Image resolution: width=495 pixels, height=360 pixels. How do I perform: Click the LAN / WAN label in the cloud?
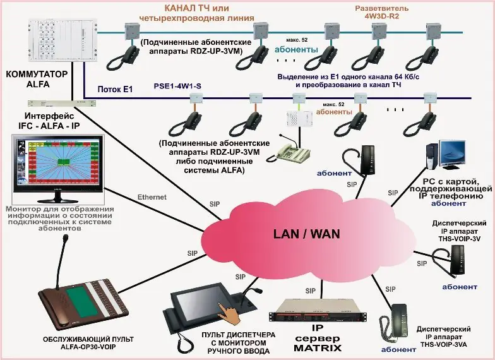point(306,234)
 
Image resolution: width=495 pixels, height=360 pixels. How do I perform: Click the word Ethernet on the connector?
point(152,197)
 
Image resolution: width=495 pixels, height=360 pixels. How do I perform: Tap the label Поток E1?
point(114,90)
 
